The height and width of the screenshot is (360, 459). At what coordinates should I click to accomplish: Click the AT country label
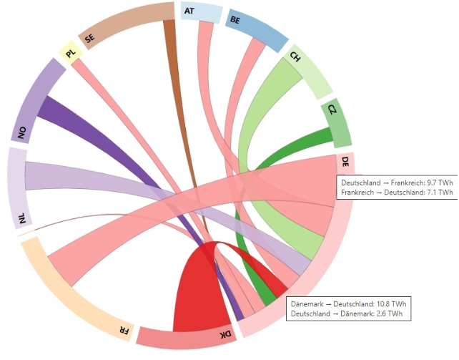(x=189, y=11)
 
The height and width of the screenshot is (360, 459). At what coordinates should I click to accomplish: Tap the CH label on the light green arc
(x=295, y=57)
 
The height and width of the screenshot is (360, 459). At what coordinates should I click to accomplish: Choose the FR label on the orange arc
(x=124, y=330)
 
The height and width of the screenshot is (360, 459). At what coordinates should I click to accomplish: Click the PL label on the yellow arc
(x=69, y=53)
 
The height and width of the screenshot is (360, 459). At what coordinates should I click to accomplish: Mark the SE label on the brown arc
(x=89, y=39)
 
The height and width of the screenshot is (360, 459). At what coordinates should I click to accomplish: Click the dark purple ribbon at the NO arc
(x=54, y=111)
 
